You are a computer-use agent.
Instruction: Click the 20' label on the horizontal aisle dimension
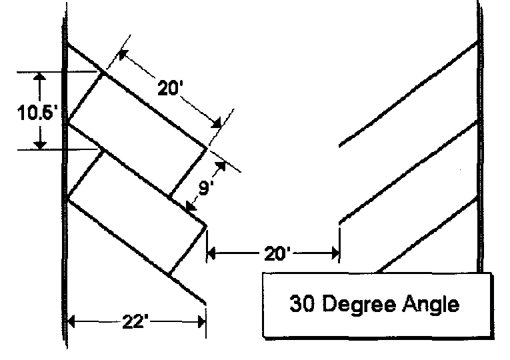coord(273,252)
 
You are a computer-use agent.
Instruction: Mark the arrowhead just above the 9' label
coord(221,167)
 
